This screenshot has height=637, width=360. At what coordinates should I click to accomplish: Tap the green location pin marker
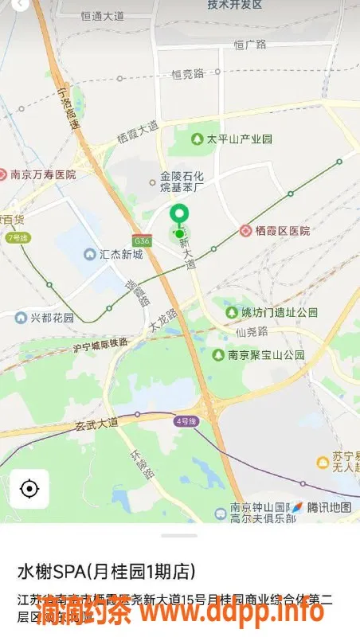[180, 215]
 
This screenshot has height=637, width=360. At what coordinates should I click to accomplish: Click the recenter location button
[29, 488]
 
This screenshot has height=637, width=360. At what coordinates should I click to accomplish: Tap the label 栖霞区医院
[282, 231]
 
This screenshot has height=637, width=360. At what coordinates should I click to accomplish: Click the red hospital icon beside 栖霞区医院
[246, 231]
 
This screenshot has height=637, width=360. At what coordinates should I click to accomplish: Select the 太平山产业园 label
[239, 139]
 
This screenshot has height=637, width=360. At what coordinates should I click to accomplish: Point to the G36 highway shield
[142, 240]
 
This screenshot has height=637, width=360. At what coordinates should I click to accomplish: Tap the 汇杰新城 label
[120, 255]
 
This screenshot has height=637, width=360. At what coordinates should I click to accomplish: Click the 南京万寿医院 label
[43, 174]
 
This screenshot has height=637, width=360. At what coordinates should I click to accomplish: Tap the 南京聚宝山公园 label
[266, 355]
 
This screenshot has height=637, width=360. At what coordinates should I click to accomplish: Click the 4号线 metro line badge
[186, 420]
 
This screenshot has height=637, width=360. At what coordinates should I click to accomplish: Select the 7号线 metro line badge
[17, 237]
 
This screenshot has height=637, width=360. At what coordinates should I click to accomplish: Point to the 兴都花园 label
[52, 318]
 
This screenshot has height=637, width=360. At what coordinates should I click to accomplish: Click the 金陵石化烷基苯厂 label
[182, 182]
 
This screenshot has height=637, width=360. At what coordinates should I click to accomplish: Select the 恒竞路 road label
[188, 73]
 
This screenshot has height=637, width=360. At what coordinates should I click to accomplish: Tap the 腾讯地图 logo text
[329, 507]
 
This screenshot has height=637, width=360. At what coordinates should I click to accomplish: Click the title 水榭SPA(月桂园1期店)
[106, 572]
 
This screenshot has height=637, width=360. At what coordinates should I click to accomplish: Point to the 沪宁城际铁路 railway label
[100, 345]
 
